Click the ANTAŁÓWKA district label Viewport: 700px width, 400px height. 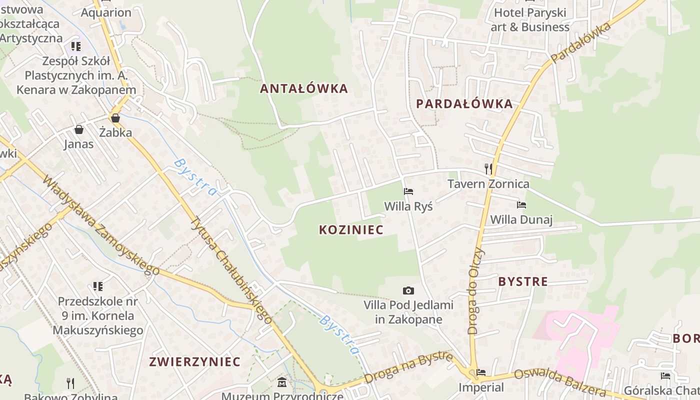(x=303, y=89)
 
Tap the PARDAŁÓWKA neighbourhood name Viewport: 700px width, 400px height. (x=464, y=104)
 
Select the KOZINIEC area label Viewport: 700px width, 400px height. (x=351, y=230)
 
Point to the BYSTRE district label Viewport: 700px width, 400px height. (x=523, y=281)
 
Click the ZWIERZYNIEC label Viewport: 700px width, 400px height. (x=194, y=362)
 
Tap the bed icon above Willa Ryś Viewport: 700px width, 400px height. (x=408, y=191)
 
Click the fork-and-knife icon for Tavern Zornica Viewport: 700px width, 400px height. (x=488, y=169)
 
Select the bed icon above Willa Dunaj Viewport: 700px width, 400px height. (x=521, y=204)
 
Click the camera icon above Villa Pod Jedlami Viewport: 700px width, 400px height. (x=408, y=290)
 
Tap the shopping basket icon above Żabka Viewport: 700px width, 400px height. (x=115, y=118)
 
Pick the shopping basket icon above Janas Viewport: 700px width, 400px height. (x=78, y=130)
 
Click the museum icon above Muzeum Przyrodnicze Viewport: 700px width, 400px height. (x=282, y=383)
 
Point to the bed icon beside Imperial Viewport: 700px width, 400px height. (x=481, y=372)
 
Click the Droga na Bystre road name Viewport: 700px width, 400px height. (x=408, y=367)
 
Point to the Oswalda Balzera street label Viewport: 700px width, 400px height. (x=559, y=382)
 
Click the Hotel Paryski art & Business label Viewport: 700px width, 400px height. (x=530, y=20)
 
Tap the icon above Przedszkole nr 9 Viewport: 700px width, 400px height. (x=98, y=286)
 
